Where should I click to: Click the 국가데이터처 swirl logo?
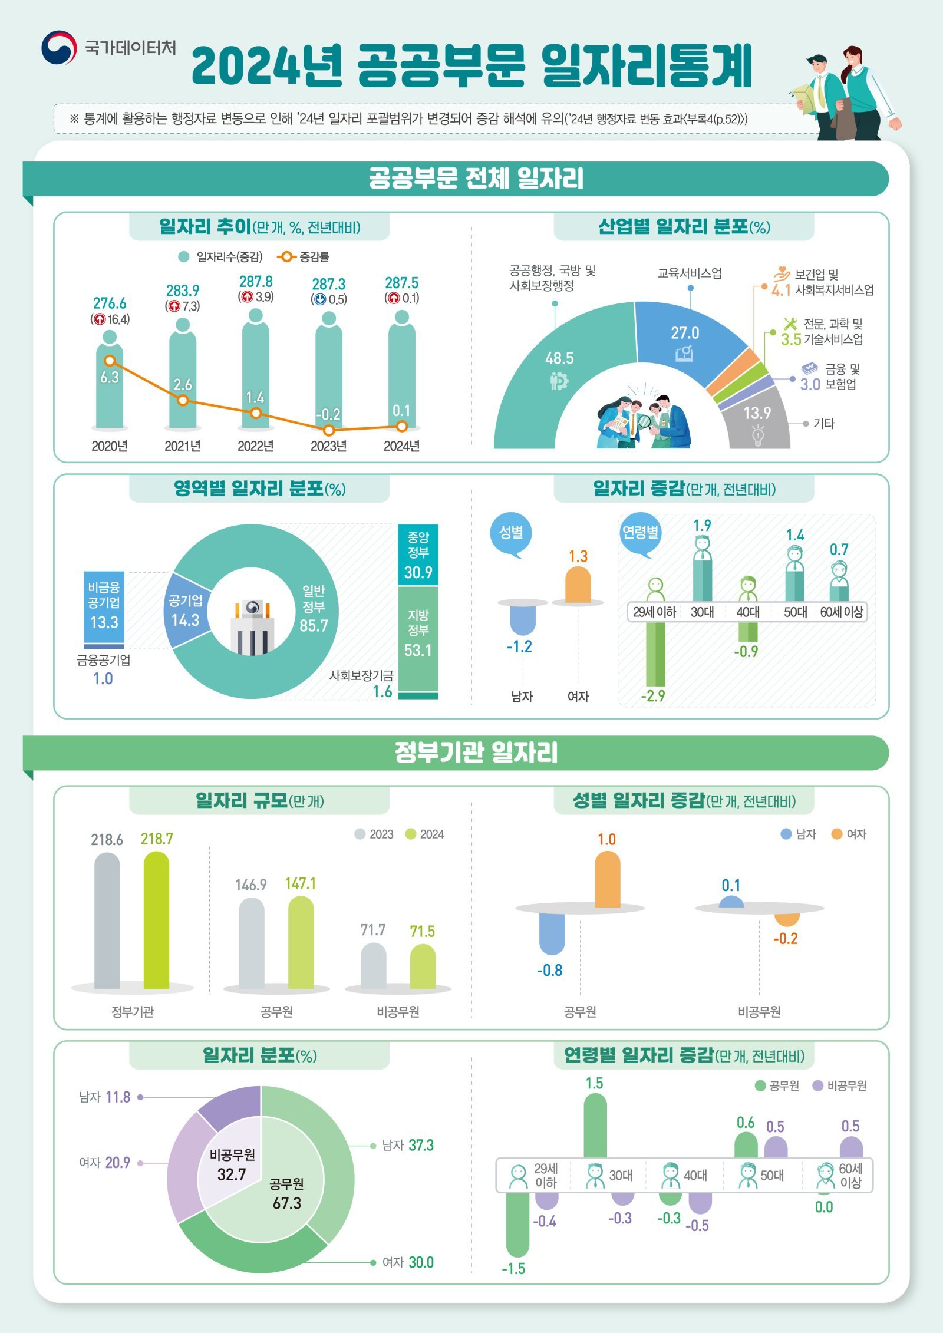tap(58, 48)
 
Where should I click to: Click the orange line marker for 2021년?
tap(183, 400)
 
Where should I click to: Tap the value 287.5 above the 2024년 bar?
tap(401, 283)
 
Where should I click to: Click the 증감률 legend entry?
tap(304, 257)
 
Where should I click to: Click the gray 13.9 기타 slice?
tap(757, 421)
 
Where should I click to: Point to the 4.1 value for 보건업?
tap(780, 291)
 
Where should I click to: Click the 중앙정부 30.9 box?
tap(418, 555)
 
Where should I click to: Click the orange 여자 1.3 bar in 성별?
tap(578, 585)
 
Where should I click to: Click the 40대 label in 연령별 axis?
tap(747, 612)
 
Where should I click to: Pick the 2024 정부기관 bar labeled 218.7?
tap(156, 920)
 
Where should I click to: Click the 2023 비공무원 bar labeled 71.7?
tap(373, 966)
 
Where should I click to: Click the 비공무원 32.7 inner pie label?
tap(232, 1164)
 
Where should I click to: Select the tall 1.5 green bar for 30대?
tap(595, 1126)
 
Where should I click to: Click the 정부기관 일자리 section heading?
tap(476, 753)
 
